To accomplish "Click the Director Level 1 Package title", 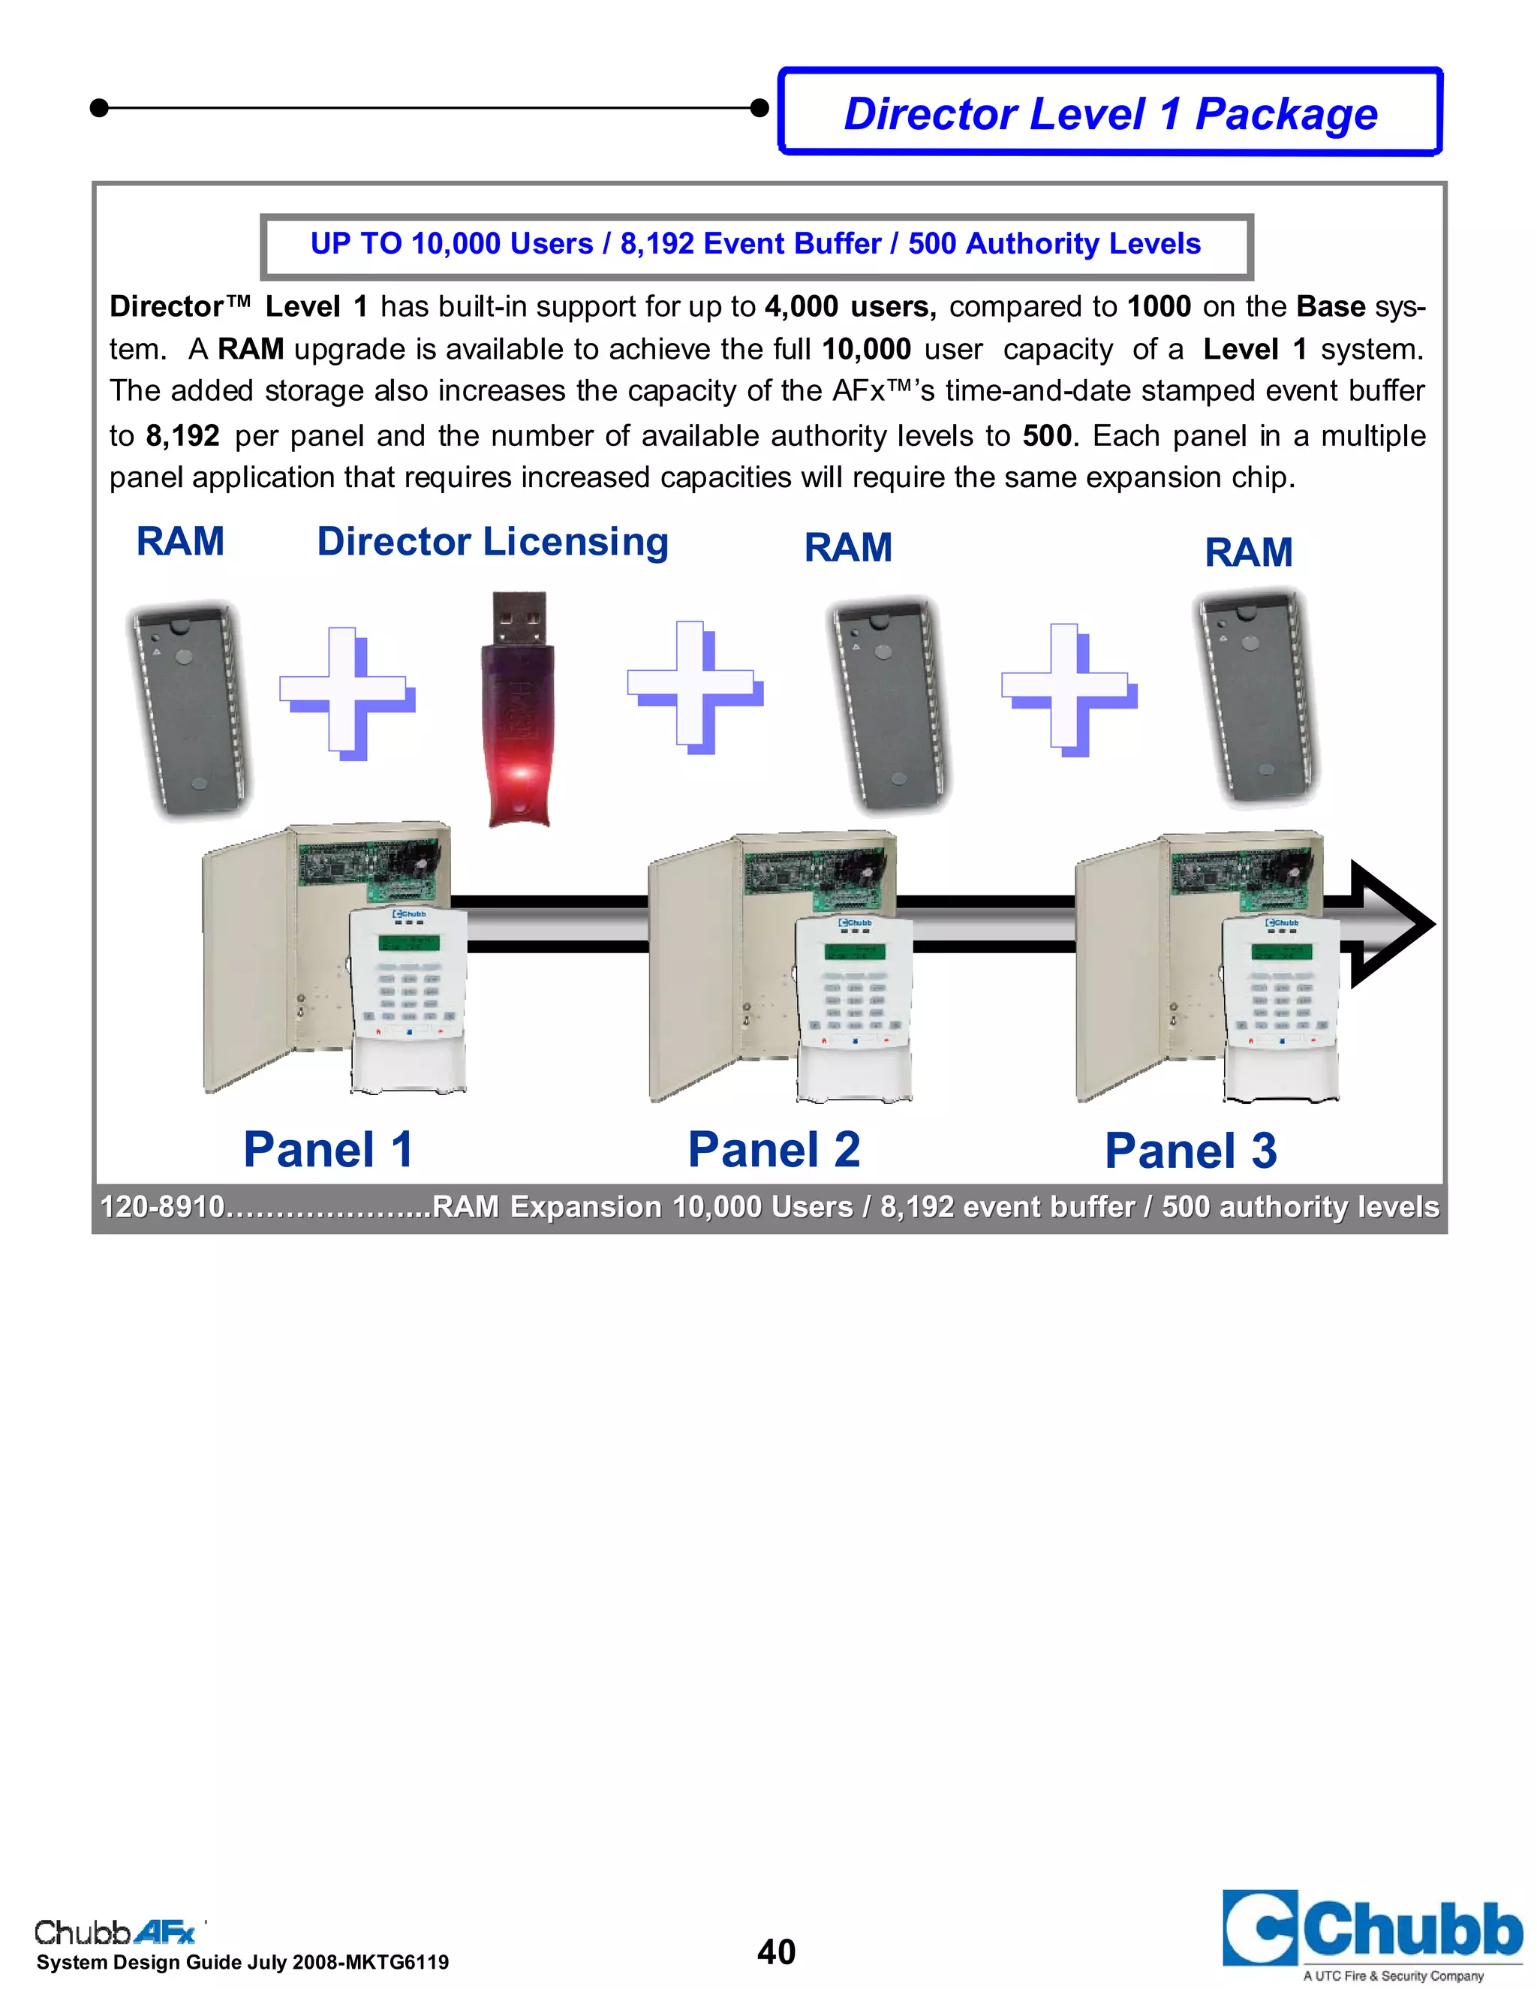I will tap(1110, 114).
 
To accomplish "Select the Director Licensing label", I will tap(492, 542).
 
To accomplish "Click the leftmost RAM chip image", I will tap(189, 710).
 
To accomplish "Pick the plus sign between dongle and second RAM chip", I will tap(694, 688).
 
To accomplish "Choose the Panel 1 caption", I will tap(328, 1149).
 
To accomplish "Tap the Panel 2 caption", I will tap(774, 1149).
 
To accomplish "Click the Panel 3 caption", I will tap(1190, 1151).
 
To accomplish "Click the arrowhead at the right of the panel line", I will tap(1391, 925).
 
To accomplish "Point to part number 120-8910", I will tap(162, 1208).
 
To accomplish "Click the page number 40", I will tap(776, 1951).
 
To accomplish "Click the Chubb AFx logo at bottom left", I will tap(115, 1932).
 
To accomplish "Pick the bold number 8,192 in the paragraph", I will tap(182, 436).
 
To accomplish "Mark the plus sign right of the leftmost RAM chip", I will tap(346, 692).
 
